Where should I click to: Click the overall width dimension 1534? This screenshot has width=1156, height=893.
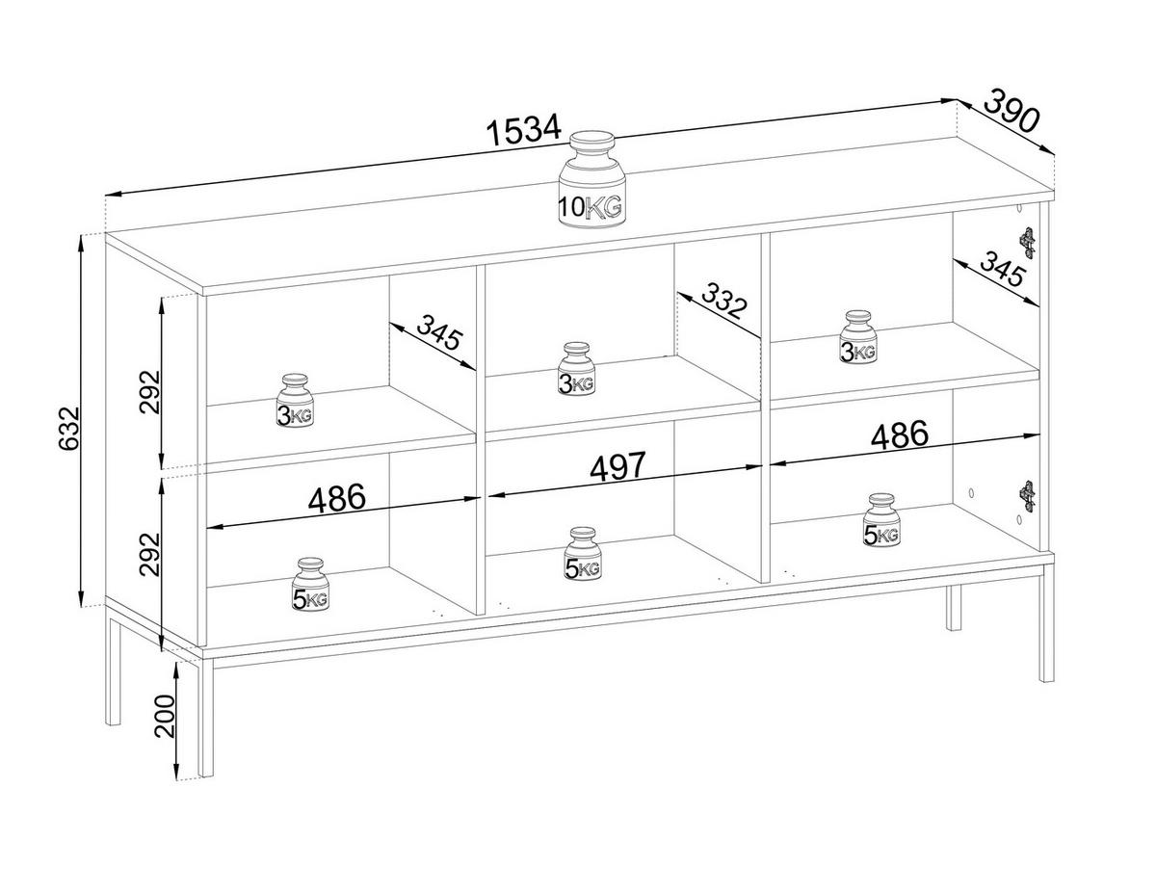(523, 131)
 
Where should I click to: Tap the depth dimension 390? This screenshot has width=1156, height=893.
(1012, 111)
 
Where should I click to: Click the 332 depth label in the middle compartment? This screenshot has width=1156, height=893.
(723, 301)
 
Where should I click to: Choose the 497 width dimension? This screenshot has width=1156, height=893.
(618, 466)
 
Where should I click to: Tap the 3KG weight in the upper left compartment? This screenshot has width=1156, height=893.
(296, 401)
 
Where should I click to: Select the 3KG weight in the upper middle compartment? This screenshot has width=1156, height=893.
(577, 369)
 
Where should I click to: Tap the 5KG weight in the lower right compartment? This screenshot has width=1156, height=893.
(880, 521)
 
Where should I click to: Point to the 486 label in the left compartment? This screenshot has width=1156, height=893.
(336, 498)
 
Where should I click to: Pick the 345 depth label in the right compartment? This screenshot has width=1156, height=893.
(1002, 270)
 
